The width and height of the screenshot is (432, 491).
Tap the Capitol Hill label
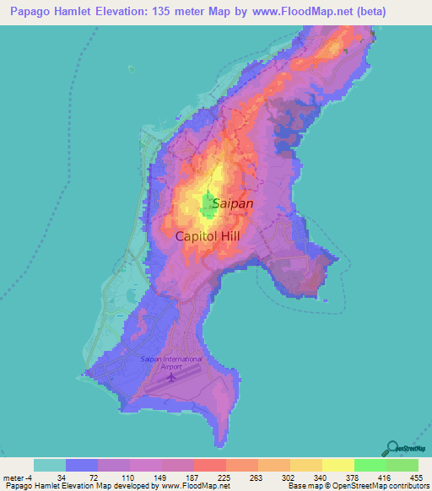[x=208, y=236]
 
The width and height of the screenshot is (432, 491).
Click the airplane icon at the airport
[x=172, y=375]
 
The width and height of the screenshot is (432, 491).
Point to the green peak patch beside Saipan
[x=207, y=203]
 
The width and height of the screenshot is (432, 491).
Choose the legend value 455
[x=417, y=477]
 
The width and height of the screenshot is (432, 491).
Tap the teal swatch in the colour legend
[x=50, y=465]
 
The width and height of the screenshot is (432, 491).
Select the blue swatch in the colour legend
[x=82, y=465]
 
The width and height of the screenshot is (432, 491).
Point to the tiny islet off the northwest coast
[x=131, y=70]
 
